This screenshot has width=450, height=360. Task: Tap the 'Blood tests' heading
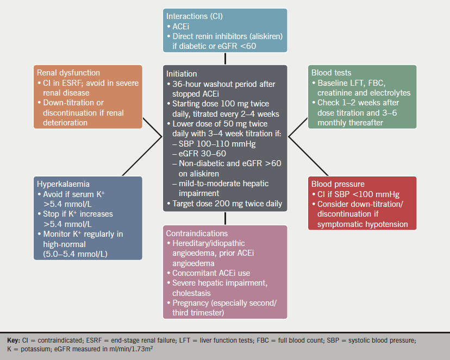click(x=331, y=72)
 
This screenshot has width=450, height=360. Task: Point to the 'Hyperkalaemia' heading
click(x=62, y=184)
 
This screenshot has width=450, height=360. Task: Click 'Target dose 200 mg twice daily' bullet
click(x=227, y=203)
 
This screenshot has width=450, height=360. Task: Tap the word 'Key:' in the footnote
click(x=14, y=339)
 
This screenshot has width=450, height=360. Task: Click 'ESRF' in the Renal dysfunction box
click(x=65, y=83)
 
